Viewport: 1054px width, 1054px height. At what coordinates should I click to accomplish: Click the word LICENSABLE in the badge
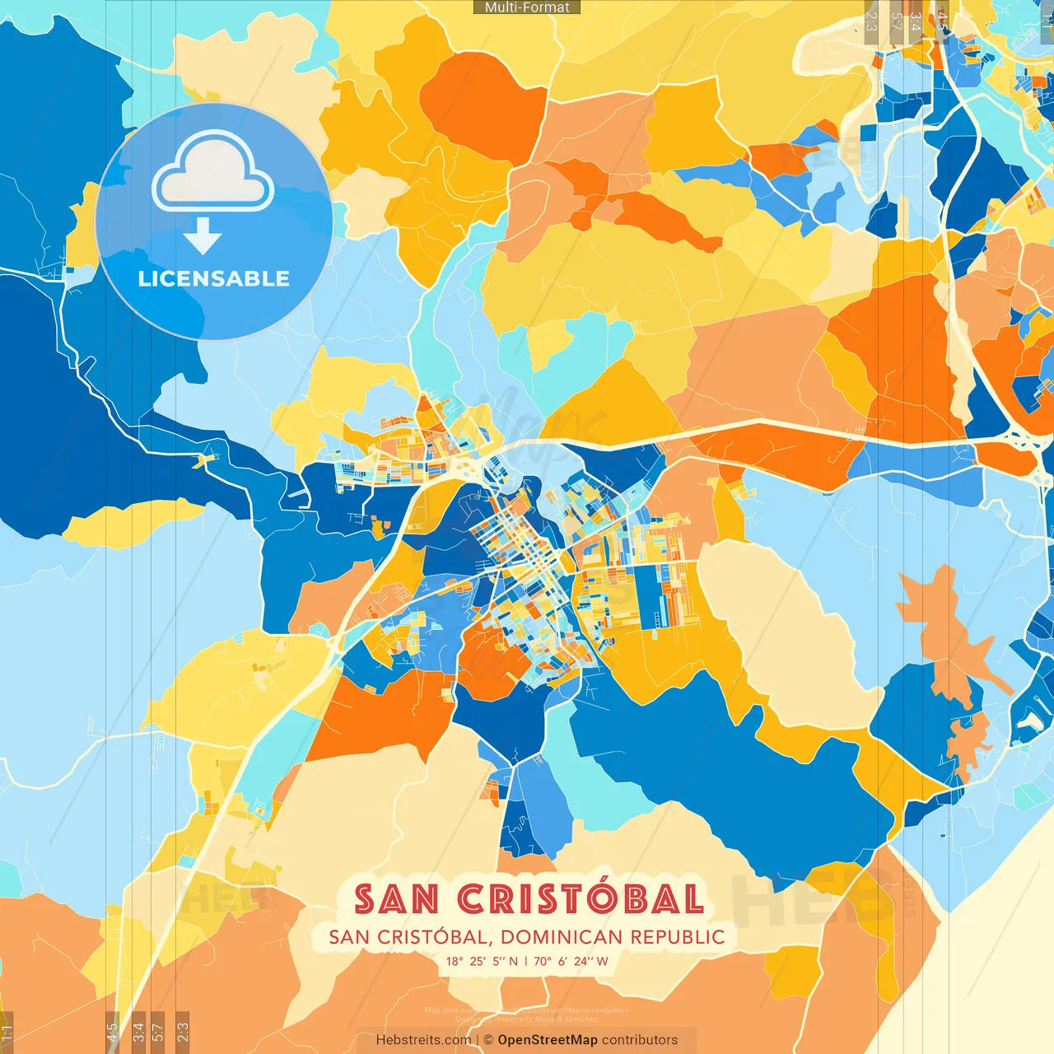213,278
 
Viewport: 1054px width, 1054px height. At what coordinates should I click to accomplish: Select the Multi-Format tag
527,7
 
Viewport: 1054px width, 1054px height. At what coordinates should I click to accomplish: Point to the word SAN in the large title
396,899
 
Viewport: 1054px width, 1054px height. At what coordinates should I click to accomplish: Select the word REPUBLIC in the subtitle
678,937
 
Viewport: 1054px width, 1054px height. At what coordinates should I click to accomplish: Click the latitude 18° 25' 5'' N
483,961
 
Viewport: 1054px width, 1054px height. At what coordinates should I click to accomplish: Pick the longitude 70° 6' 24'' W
571,961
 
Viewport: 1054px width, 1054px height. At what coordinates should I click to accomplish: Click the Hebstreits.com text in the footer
423,1040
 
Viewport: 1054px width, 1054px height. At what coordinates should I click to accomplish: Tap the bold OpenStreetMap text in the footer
548,1040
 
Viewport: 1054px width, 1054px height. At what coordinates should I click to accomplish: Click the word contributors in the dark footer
640,1040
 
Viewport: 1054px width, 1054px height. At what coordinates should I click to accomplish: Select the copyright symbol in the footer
487,1040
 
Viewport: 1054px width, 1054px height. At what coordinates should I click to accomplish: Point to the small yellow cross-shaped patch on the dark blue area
204,459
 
